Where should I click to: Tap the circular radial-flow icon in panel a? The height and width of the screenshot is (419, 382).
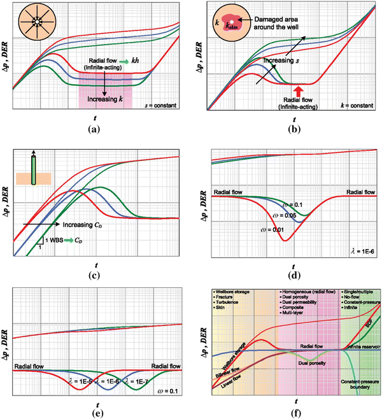(x=36, y=20)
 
